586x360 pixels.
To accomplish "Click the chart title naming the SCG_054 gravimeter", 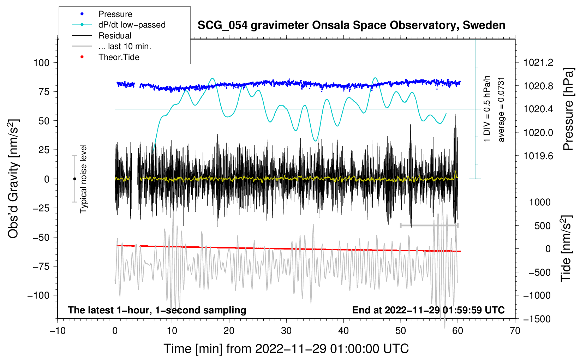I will pyautogui.click(x=351, y=25).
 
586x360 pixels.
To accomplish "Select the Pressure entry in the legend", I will pyautogui.click(x=115, y=14).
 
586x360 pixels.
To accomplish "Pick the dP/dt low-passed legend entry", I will pyautogui.click(x=132, y=25).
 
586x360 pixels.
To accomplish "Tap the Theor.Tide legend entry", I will pyautogui.click(x=119, y=57).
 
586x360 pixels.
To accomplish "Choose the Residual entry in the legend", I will pyautogui.click(x=115, y=36).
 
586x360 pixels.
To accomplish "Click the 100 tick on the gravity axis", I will pyautogui.click(x=41, y=63).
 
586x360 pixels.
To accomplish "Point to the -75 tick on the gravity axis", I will pyautogui.click(x=41, y=266).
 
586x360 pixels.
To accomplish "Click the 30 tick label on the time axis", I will pyautogui.click(x=286, y=331).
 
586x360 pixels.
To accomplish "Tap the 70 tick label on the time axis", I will pyautogui.click(x=515, y=331).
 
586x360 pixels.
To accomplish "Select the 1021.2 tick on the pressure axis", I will pyautogui.click(x=538, y=63).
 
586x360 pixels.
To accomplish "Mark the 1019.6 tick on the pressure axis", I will pyautogui.click(x=538, y=156).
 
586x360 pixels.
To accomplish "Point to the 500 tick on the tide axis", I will pyautogui.click(x=543, y=226).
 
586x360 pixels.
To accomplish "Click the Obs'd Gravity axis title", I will pyautogui.click(x=13, y=179).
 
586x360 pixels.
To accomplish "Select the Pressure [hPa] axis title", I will pyautogui.click(x=568, y=109).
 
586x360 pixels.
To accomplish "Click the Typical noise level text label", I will pyautogui.click(x=83, y=179).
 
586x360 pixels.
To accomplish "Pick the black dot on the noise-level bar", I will pyautogui.click(x=74, y=179).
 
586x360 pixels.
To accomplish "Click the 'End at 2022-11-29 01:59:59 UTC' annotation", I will pyautogui.click(x=428, y=310).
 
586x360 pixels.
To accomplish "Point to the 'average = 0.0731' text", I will pyautogui.click(x=501, y=109).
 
